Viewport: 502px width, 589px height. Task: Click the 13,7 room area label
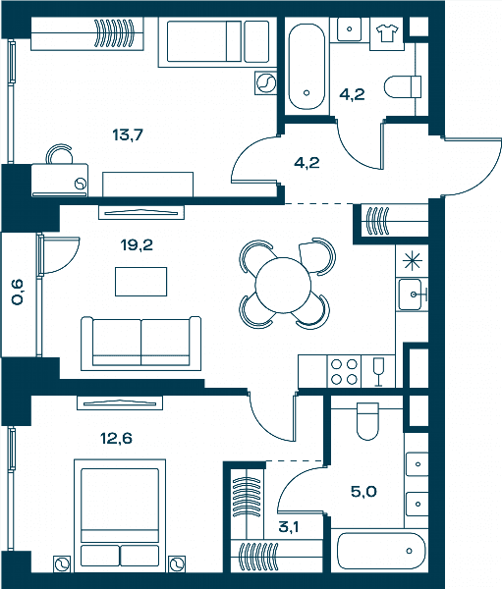(128, 134)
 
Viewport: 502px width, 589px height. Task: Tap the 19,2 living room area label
(137, 245)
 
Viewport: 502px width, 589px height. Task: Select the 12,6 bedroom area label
(116, 439)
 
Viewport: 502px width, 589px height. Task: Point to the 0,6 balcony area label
(18, 292)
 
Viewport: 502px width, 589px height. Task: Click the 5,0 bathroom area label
(363, 492)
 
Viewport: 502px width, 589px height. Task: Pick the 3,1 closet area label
(289, 527)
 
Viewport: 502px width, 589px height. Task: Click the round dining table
(283, 285)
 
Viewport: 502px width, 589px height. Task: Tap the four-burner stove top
(344, 372)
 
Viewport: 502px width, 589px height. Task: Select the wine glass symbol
(378, 372)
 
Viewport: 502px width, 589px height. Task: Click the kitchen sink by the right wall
(411, 294)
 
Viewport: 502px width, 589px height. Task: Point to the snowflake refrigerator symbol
(413, 260)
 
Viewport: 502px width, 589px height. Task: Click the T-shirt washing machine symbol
(387, 33)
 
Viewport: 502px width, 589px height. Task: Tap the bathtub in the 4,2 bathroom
(307, 67)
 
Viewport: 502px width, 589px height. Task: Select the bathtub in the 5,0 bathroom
(381, 551)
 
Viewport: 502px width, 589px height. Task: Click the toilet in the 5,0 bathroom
(367, 421)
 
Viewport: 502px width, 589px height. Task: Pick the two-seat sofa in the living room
(141, 344)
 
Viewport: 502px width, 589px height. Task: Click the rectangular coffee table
(141, 282)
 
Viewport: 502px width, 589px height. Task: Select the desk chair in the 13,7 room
(59, 154)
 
